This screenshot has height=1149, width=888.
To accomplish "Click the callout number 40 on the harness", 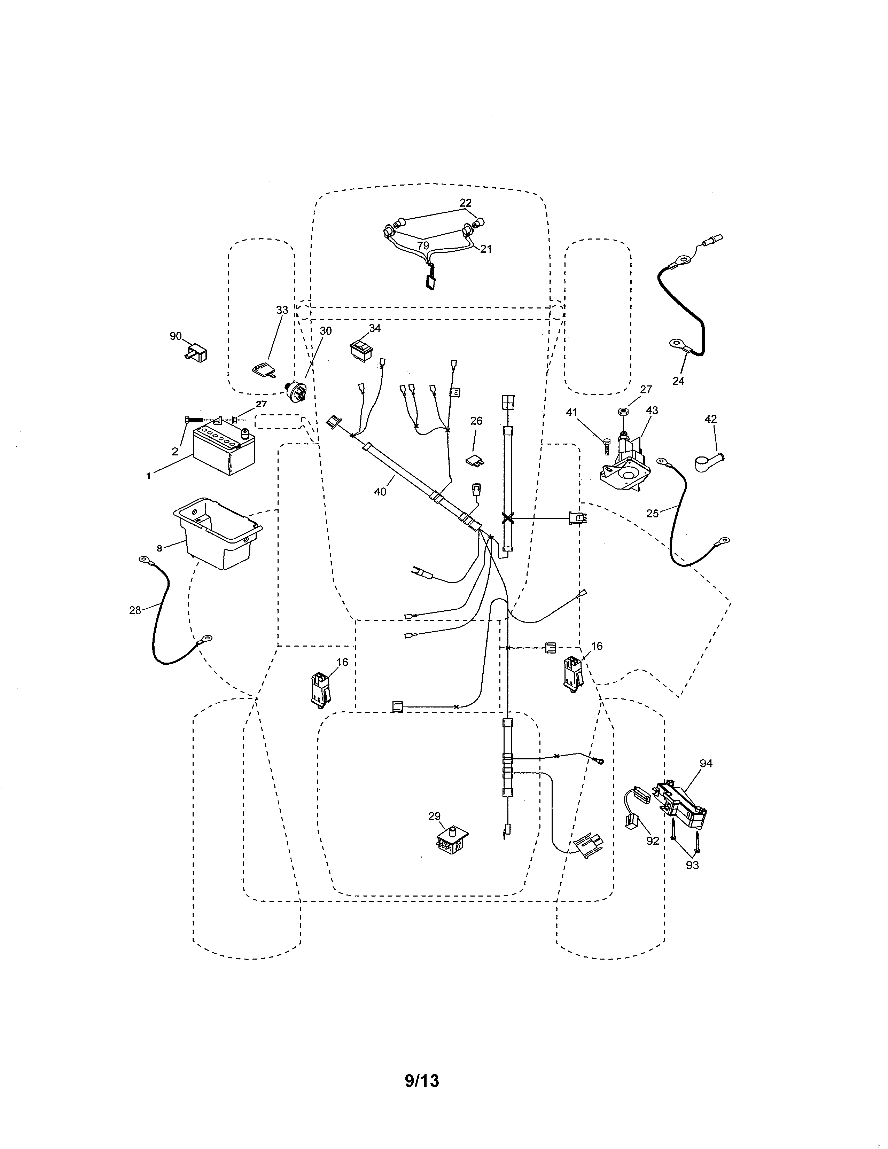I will click(380, 491).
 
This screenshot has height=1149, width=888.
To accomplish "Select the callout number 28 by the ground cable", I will click(135, 610).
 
